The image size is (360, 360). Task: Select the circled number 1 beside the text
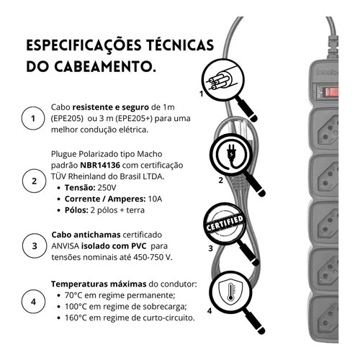point(33,118)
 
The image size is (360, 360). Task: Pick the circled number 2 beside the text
point(34,181)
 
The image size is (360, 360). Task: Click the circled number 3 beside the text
point(35,246)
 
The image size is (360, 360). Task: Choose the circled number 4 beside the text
point(33,302)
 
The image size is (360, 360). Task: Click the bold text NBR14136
point(100,165)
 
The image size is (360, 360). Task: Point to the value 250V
point(107,187)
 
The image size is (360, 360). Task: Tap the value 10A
point(155,199)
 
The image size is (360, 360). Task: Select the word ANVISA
point(65,246)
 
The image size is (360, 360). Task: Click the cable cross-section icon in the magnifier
point(222,81)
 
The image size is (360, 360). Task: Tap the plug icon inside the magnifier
point(230,156)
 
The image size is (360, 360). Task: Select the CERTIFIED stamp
point(224,222)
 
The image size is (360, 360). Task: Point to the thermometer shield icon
point(230,291)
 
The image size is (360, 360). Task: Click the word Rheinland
point(87,176)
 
